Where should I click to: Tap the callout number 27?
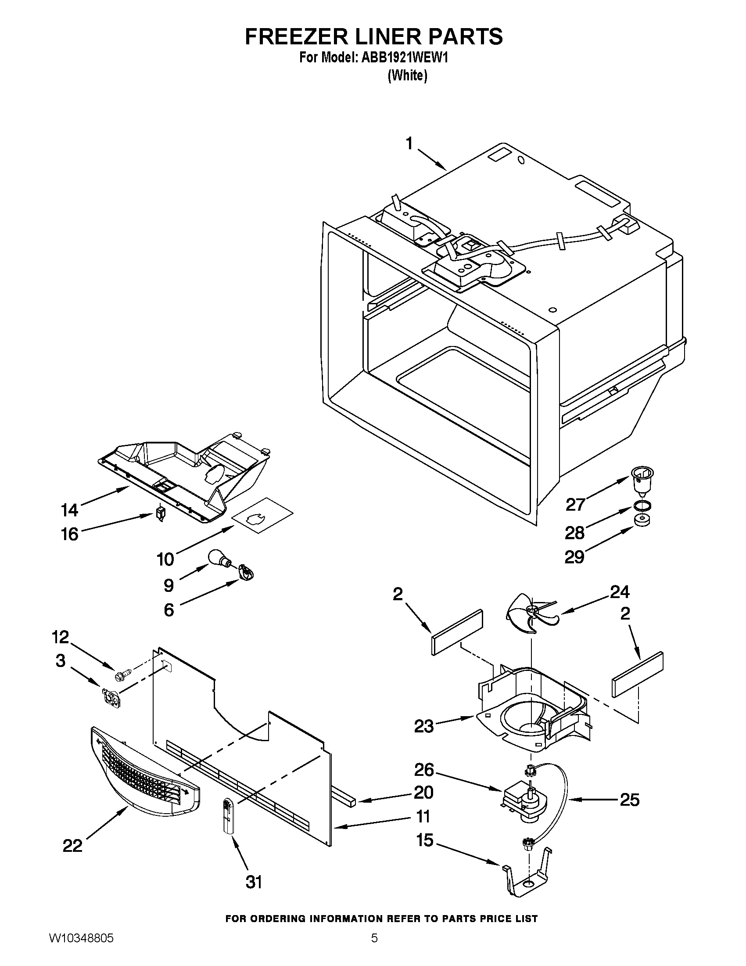click(576, 504)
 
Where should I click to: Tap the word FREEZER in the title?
click(294, 36)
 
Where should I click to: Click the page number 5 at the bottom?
click(374, 947)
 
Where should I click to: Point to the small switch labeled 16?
click(161, 514)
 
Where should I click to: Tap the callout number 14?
click(70, 510)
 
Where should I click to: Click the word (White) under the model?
click(408, 76)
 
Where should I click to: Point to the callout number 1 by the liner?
click(409, 144)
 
